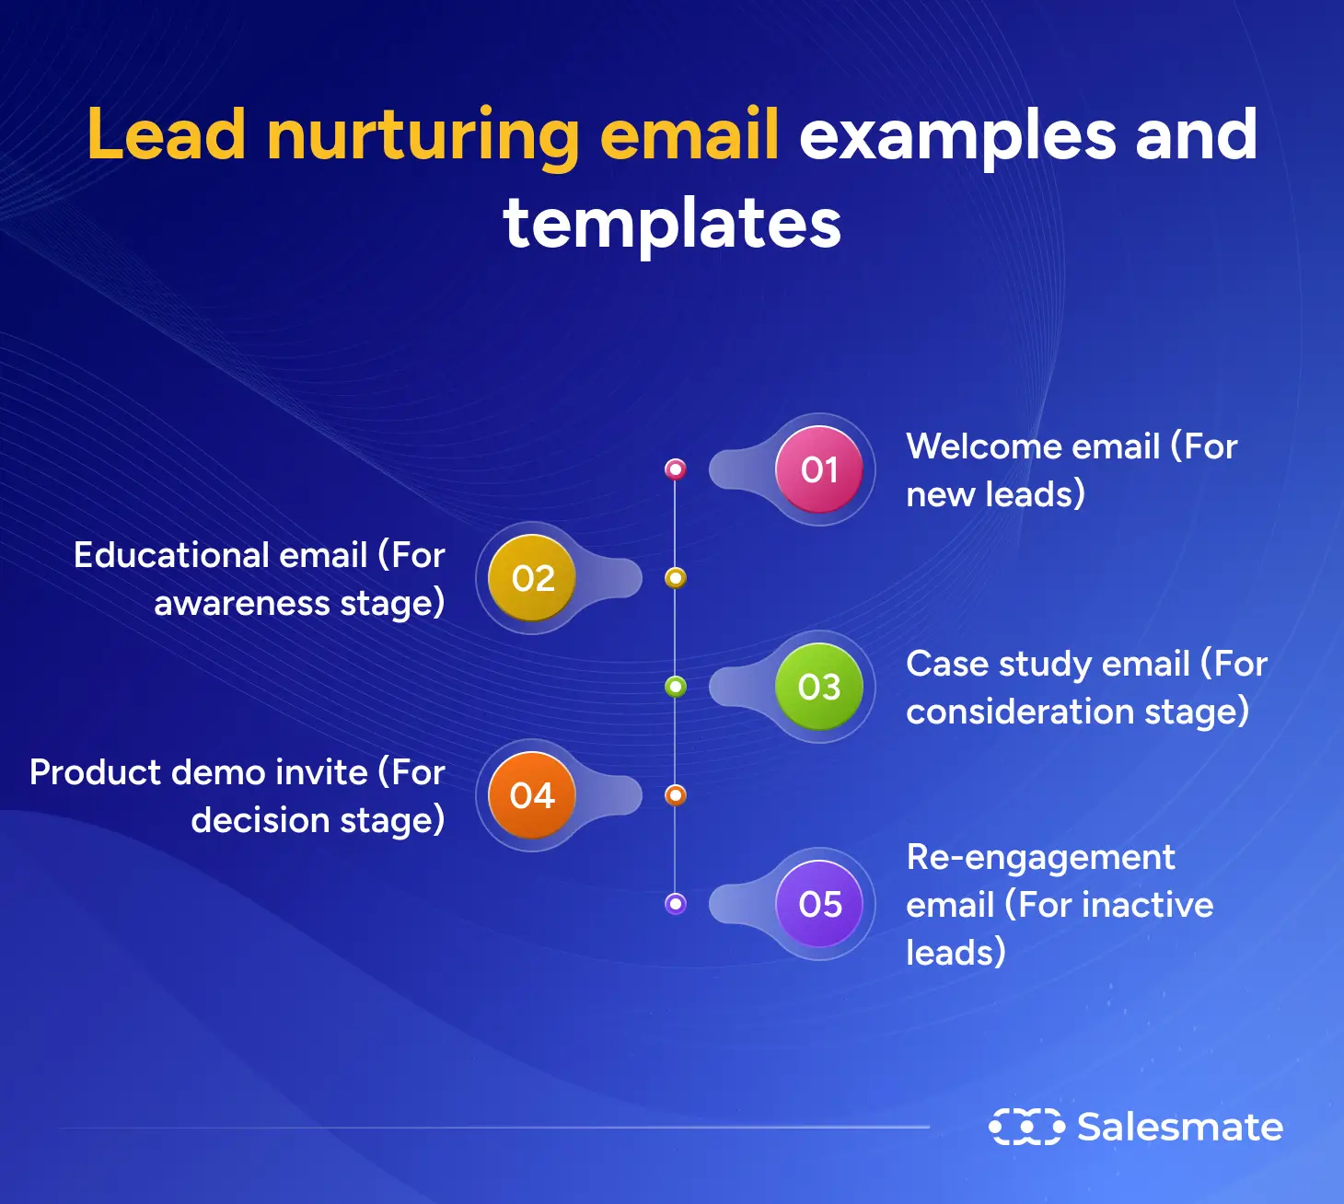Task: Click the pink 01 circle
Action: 818,469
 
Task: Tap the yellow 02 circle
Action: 533,578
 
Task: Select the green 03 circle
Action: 818,687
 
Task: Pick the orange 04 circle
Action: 533,795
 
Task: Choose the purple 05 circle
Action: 818,904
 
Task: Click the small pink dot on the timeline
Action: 676,469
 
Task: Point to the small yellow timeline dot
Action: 676,578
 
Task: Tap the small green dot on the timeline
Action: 676,687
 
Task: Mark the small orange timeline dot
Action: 676,795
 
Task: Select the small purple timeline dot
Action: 676,904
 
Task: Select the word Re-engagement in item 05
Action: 1040,858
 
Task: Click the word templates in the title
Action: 672,224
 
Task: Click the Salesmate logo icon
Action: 1026,1127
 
